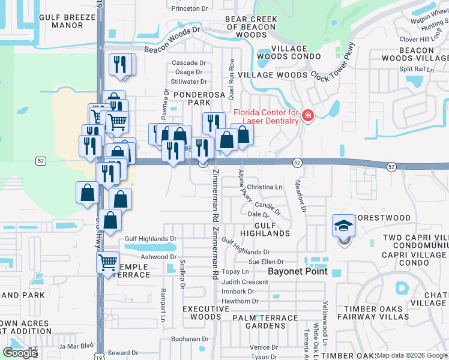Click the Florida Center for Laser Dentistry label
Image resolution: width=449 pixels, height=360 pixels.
click(x=266, y=116)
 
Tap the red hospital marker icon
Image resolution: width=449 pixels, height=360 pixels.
click(x=308, y=115)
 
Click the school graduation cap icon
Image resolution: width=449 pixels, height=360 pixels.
click(x=343, y=226)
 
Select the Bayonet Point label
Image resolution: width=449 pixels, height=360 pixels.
click(x=297, y=271)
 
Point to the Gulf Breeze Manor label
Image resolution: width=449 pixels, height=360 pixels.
click(x=67, y=22)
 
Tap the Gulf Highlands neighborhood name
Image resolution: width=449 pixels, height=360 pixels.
click(x=265, y=229)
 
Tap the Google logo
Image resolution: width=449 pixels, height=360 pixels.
click(x=20, y=353)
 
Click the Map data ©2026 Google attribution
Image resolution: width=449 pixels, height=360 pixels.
click(x=412, y=356)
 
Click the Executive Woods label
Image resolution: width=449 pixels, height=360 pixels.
click(x=206, y=313)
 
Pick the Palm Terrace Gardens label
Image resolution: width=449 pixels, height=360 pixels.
click(x=268, y=322)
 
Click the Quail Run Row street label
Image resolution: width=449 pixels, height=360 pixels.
click(x=231, y=71)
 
